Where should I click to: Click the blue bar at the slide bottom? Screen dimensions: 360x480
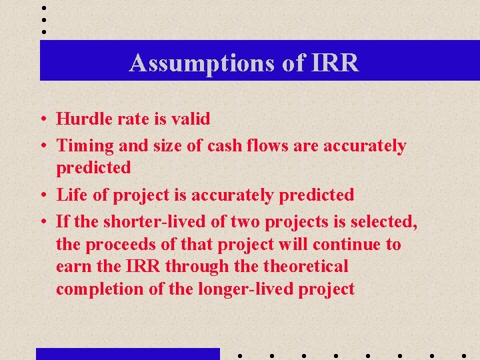pyautogui.click(x=127, y=353)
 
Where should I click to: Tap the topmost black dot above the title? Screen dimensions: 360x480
pyautogui.click(x=44, y=8)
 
